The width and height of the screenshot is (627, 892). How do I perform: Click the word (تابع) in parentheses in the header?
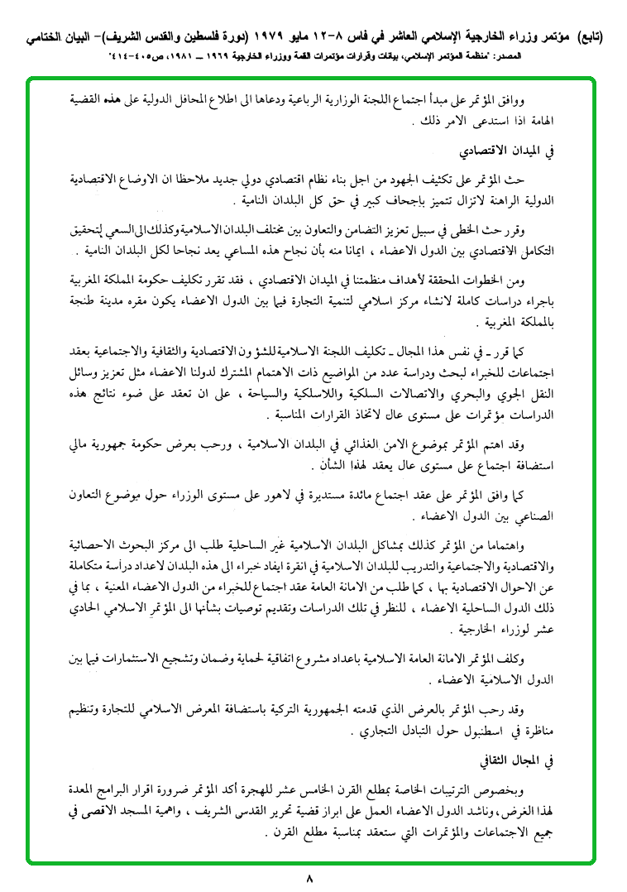click(x=586, y=37)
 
